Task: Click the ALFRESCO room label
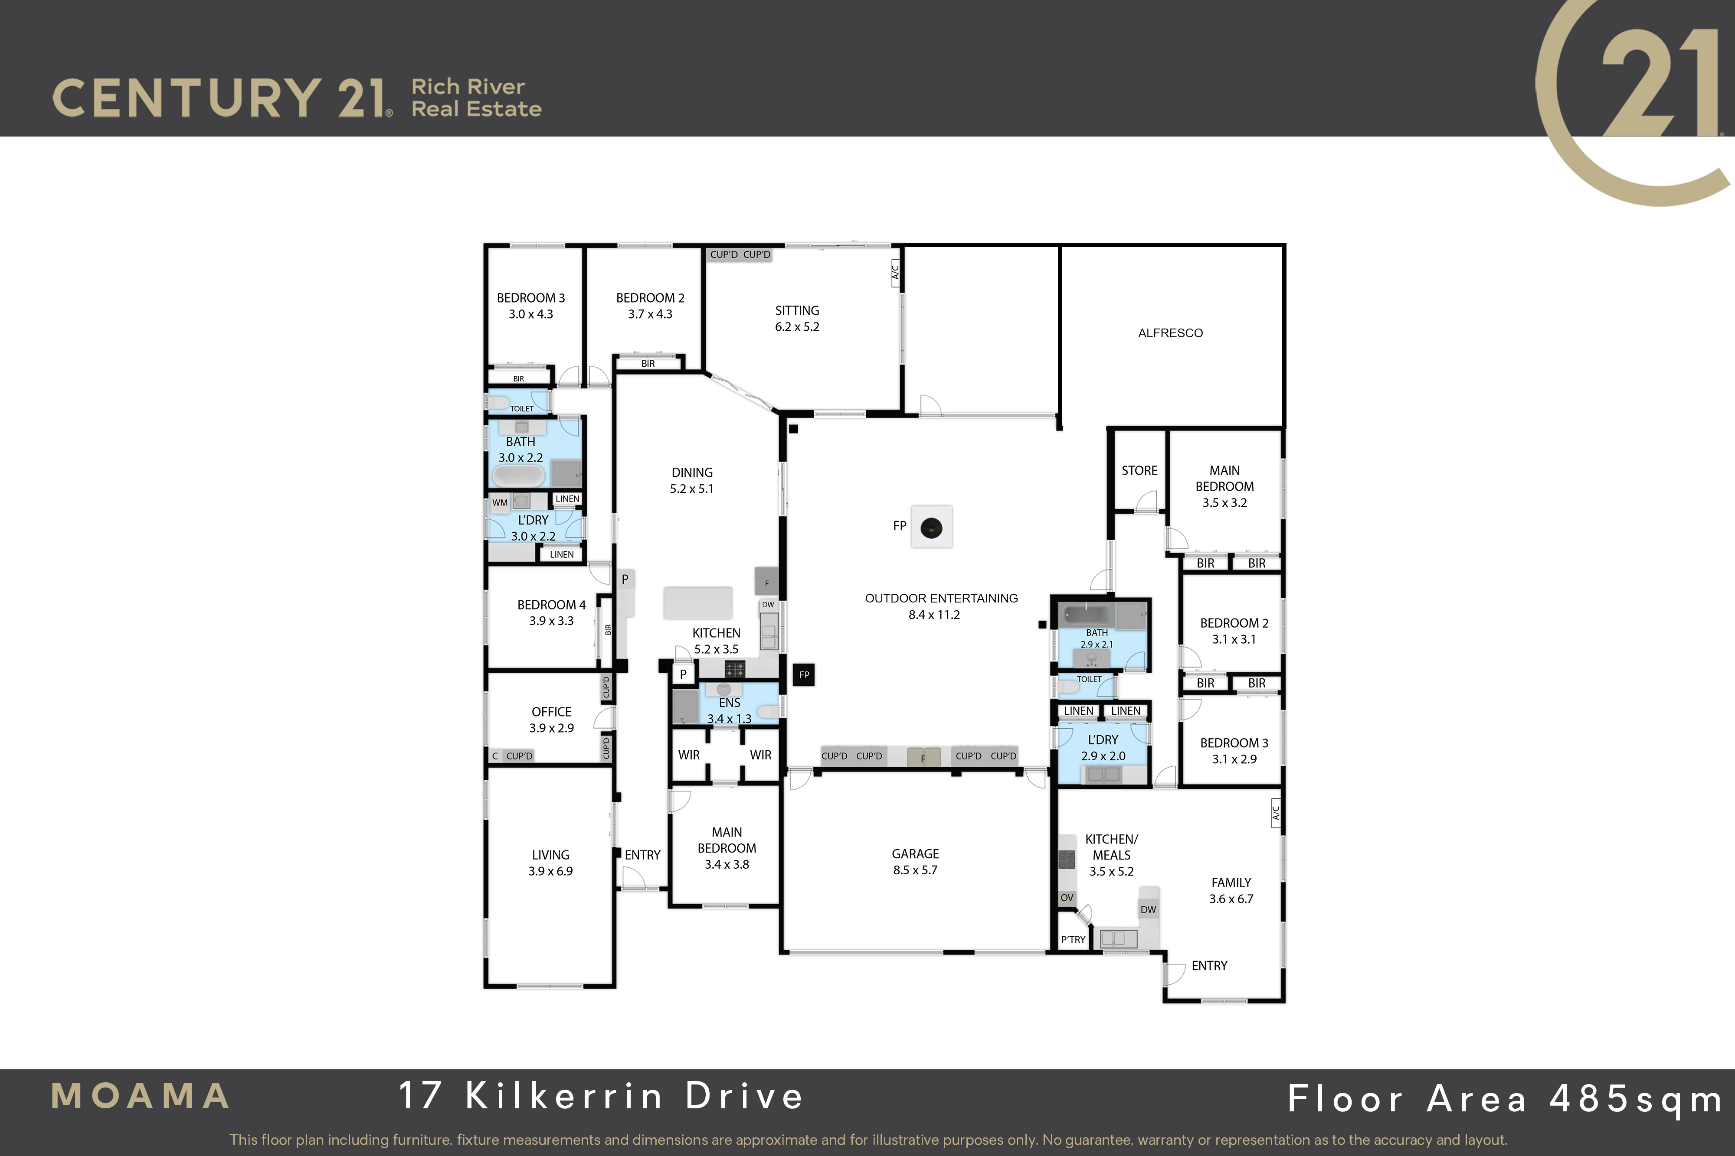click(x=1170, y=333)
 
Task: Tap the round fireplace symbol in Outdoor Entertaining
click(x=932, y=528)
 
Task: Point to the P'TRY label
click(x=1073, y=940)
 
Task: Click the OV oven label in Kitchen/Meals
click(x=1067, y=898)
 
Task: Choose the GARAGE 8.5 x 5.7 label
click(x=916, y=862)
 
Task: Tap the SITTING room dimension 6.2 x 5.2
click(x=797, y=326)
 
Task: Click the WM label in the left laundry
click(x=500, y=503)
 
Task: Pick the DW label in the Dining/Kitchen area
click(x=768, y=605)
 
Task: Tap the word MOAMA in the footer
click(x=140, y=1096)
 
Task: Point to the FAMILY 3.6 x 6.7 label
click(x=1231, y=891)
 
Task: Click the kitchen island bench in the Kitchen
click(x=698, y=603)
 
